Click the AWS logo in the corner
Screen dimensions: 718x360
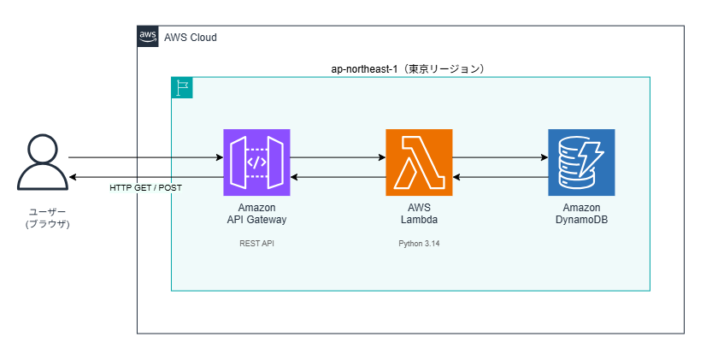click(x=148, y=36)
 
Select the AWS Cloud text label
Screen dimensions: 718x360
click(x=191, y=38)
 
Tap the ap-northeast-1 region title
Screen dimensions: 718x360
click(x=408, y=69)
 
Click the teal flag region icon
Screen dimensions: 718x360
click(x=182, y=87)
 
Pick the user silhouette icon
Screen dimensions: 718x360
click(x=43, y=162)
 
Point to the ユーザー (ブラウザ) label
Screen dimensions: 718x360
click(x=47, y=218)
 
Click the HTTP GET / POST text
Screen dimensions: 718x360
click(x=145, y=188)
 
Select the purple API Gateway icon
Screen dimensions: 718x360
click(x=256, y=162)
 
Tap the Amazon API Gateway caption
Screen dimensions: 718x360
click(x=256, y=214)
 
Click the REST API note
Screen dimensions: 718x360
click(x=256, y=244)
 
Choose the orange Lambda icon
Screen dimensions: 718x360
click(x=419, y=162)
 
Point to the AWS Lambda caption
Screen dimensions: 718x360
click(x=419, y=214)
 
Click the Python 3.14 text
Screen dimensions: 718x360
click(x=419, y=244)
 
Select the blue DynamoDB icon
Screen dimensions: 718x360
click(x=581, y=162)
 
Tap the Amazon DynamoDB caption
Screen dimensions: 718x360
click(x=581, y=214)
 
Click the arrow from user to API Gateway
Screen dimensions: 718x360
click(x=145, y=157)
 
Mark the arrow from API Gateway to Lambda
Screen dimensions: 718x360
click(x=338, y=157)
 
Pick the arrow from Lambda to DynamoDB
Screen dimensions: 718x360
click(x=501, y=157)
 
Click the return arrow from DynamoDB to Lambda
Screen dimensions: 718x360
click(x=501, y=177)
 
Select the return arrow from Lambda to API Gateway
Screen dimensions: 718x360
click(x=338, y=177)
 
